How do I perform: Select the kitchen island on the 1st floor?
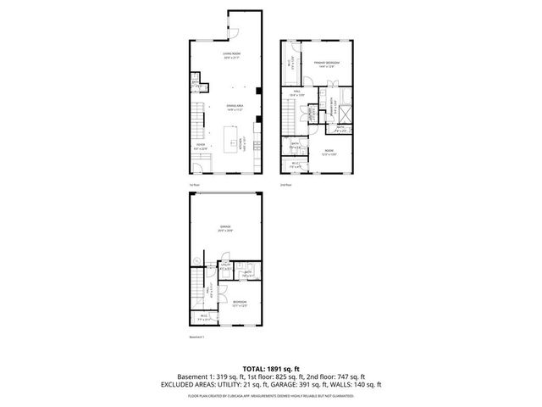[230, 137]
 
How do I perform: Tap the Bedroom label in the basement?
[240, 303]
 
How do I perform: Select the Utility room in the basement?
[226, 269]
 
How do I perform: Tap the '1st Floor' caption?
[193, 185]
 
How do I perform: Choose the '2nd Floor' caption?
[286, 185]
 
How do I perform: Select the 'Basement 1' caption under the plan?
[196, 337]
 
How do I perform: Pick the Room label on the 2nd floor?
[329, 153]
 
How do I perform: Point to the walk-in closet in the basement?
[203, 318]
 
